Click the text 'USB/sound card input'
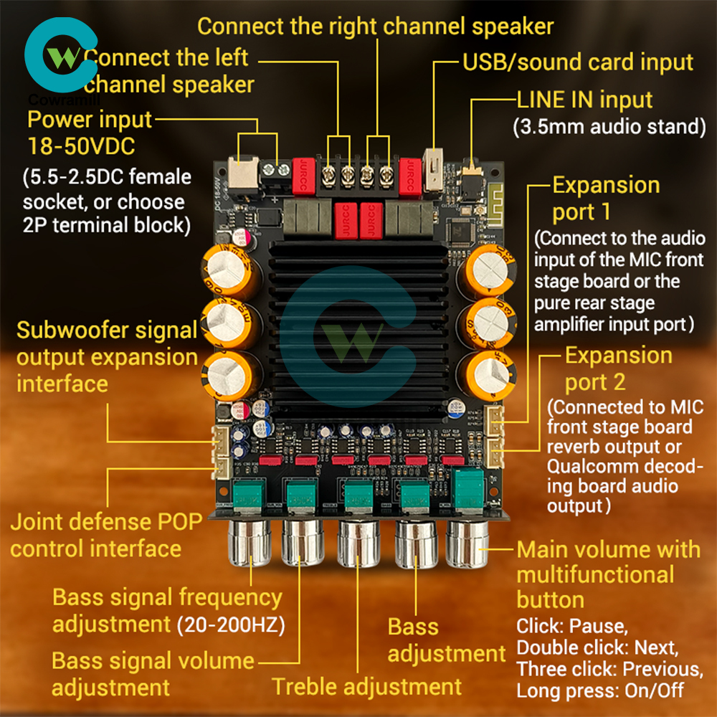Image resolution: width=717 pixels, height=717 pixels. [x=578, y=62]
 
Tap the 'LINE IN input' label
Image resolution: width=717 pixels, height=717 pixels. [x=585, y=100]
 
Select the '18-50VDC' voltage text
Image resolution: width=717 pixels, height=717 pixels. [x=81, y=147]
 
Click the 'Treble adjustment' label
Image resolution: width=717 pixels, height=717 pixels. [x=366, y=686]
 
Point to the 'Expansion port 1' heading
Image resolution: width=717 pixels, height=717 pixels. [x=605, y=199]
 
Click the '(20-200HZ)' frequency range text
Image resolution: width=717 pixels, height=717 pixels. [x=231, y=625]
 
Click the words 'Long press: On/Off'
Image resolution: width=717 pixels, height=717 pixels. [x=600, y=690]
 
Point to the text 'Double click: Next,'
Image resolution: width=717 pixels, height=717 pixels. [x=597, y=647]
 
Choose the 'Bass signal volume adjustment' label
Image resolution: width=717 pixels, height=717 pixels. [x=153, y=673]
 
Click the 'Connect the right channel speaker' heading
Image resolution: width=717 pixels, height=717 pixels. [x=375, y=27]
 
